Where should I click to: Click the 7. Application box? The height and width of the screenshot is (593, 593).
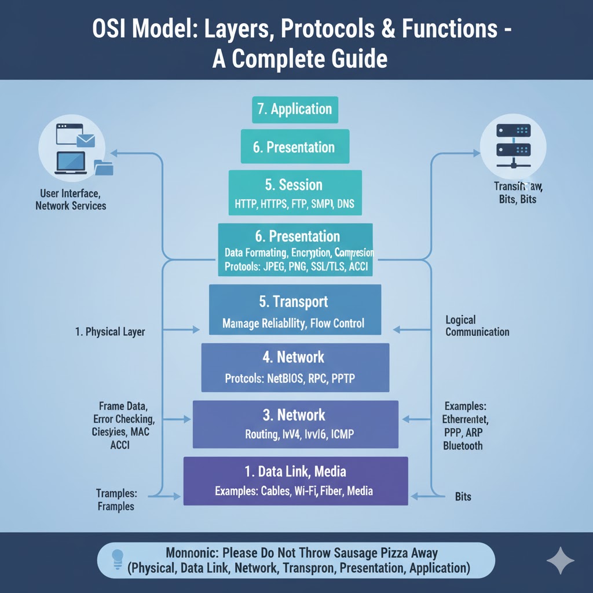295,109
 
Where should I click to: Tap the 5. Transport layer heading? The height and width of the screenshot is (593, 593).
294,302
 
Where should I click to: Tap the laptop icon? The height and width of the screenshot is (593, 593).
71,163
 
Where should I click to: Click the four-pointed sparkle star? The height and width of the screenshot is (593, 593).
560,560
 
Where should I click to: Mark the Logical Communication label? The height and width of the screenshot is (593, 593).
477,326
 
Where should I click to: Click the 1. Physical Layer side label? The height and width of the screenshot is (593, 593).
110,332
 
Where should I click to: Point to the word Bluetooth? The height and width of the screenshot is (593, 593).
462,445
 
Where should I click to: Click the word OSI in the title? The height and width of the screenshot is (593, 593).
112,31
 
